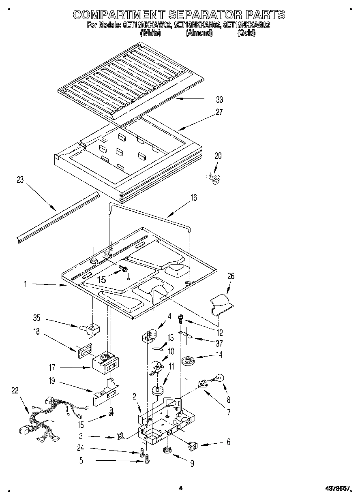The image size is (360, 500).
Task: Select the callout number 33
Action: (x=219, y=99)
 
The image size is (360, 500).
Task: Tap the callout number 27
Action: (x=219, y=113)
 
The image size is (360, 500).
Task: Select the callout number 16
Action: (x=193, y=198)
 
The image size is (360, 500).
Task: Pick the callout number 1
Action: (x=25, y=285)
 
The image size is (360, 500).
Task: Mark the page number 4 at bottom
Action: (x=181, y=489)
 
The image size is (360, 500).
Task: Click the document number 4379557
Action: (x=339, y=489)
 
